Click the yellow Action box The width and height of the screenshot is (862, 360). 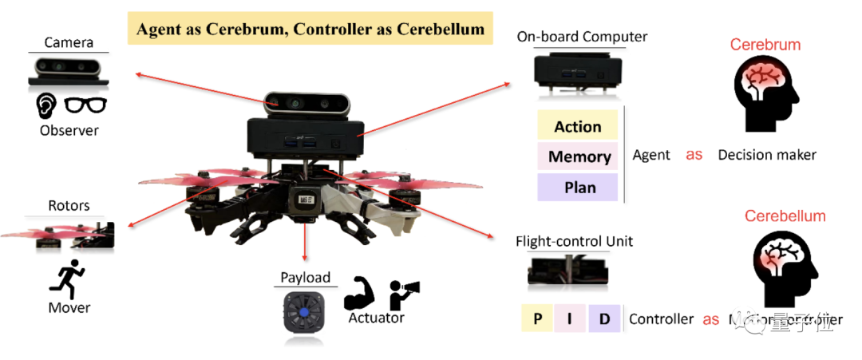pos(578,126)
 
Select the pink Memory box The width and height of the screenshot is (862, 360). pos(578,156)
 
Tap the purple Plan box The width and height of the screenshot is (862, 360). pos(578,188)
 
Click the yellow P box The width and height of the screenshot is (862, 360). pos(538,319)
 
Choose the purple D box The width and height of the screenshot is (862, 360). pos(604,319)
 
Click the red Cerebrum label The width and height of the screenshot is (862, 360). pos(765,45)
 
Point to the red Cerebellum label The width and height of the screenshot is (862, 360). pos(785,216)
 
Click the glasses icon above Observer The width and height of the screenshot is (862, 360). pos(85,105)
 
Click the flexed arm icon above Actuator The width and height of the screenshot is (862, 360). pos(359,294)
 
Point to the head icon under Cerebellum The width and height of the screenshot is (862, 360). pos(785,268)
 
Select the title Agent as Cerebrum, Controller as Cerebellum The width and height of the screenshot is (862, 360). pos(310,30)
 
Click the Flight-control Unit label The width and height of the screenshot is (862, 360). pos(574,241)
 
